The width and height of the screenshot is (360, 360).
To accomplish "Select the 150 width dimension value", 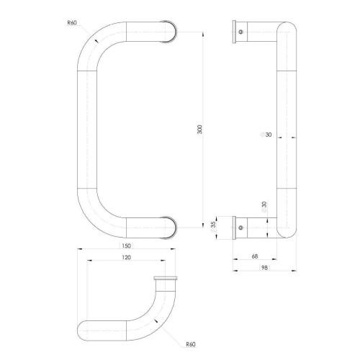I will point(127,246).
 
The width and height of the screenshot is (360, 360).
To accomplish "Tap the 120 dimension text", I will point(127,257).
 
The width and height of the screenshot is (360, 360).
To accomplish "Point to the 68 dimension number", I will point(256,256).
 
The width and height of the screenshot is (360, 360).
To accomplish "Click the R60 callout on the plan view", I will point(190,345).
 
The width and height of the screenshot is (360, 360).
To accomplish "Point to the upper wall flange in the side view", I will point(236,32).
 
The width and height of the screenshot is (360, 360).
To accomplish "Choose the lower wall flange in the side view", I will point(236,226).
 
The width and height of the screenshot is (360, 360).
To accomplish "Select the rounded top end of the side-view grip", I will point(285,27).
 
